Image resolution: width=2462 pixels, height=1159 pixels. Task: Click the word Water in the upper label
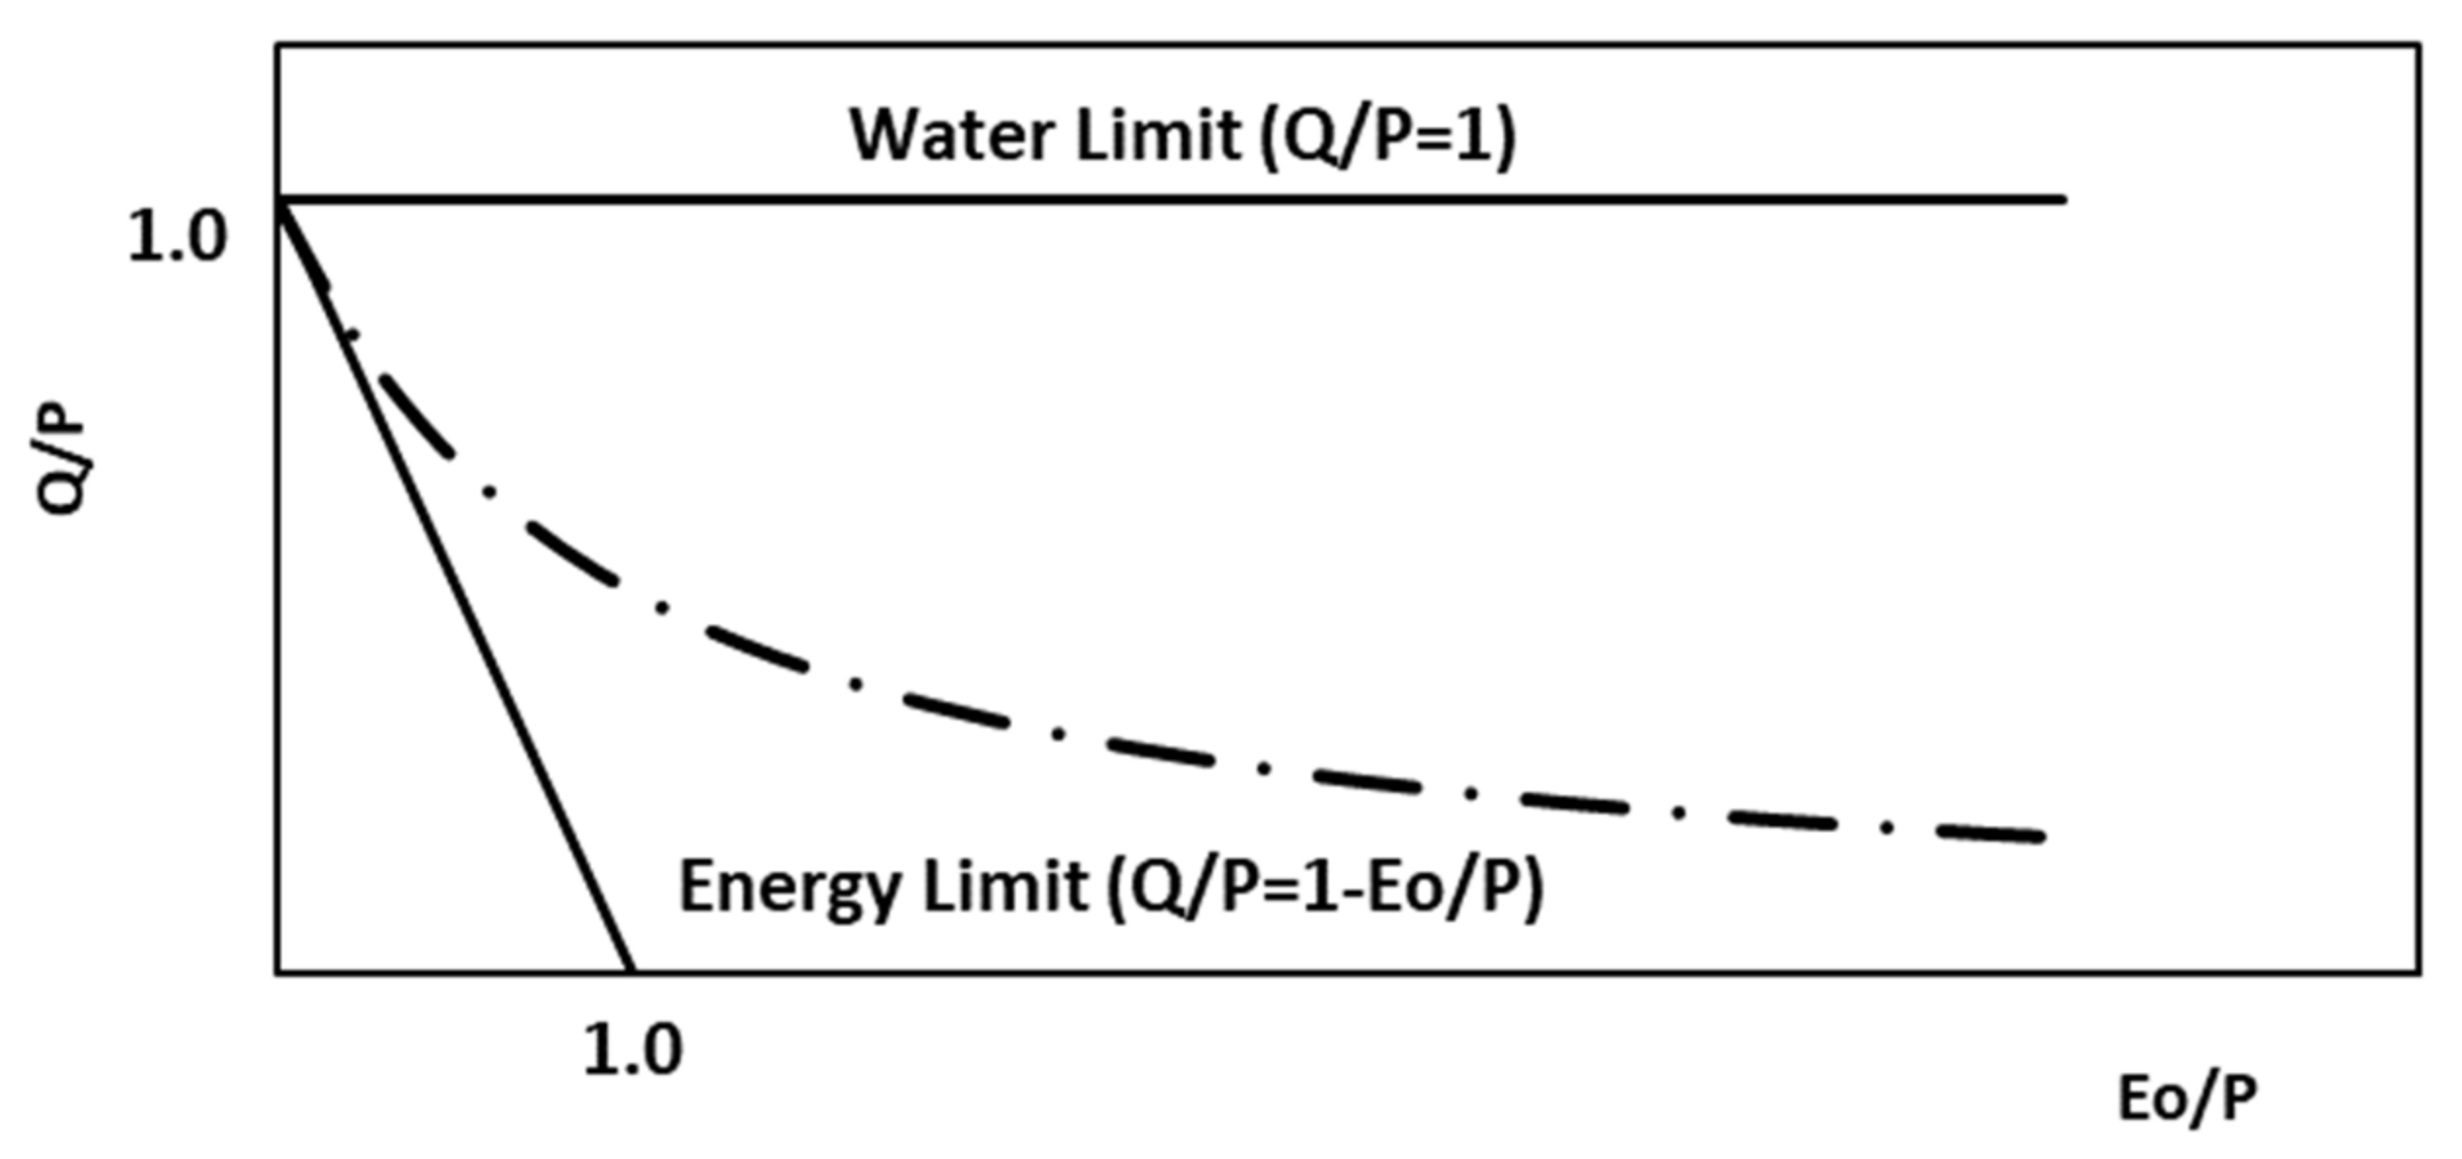click(x=954, y=135)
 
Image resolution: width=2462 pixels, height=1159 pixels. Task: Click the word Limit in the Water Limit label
click(x=1158, y=135)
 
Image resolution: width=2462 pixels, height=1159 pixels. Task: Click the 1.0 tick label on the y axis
click(x=176, y=238)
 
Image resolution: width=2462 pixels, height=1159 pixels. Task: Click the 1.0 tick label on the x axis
click(x=632, y=1052)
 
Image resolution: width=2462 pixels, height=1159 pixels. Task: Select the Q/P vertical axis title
click(x=61, y=465)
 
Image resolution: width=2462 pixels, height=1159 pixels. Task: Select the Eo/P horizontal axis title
click(x=2187, y=1099)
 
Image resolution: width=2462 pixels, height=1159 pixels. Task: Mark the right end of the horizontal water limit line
click(x=2063, y=200)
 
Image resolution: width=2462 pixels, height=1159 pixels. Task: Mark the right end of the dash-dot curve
click(x=2040, y=837)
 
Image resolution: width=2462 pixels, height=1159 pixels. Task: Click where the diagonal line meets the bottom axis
click(x=631, y=972)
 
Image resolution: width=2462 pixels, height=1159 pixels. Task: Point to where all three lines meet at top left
click(x=279, y=201)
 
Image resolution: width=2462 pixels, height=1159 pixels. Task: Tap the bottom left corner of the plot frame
click(x=278, y=972)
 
